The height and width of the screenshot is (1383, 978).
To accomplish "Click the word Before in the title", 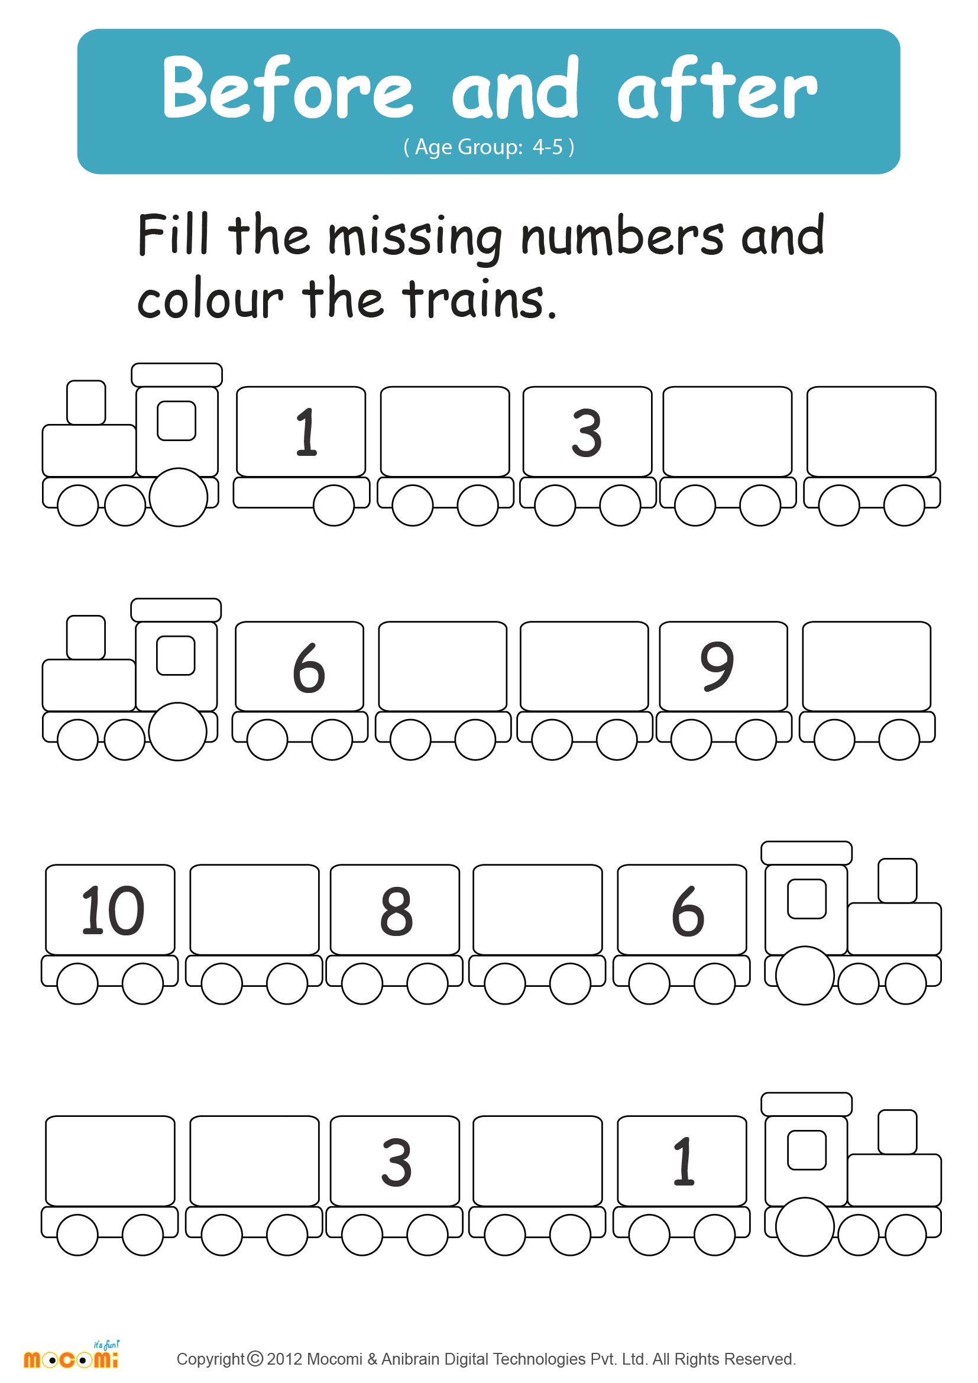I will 287,89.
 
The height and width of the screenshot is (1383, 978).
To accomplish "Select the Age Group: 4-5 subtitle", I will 488,147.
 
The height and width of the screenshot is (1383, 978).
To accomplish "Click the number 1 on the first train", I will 306,432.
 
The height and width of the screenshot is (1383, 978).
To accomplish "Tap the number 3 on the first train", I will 586,432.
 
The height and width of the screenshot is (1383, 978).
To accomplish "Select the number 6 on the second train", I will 308,668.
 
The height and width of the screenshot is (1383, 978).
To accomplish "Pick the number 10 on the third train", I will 112,911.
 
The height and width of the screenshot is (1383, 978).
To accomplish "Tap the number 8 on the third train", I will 396,911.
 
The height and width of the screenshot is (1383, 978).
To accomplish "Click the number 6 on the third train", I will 687,911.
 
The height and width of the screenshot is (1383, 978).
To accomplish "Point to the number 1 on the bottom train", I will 684,1161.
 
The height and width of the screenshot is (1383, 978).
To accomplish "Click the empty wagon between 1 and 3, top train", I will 445,431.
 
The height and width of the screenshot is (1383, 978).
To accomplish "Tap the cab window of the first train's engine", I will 176,420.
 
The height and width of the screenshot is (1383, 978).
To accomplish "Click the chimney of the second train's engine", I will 86,637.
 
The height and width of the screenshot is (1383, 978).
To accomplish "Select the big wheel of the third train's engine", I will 805,975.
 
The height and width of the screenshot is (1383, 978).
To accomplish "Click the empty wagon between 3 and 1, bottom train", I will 537,1161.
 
